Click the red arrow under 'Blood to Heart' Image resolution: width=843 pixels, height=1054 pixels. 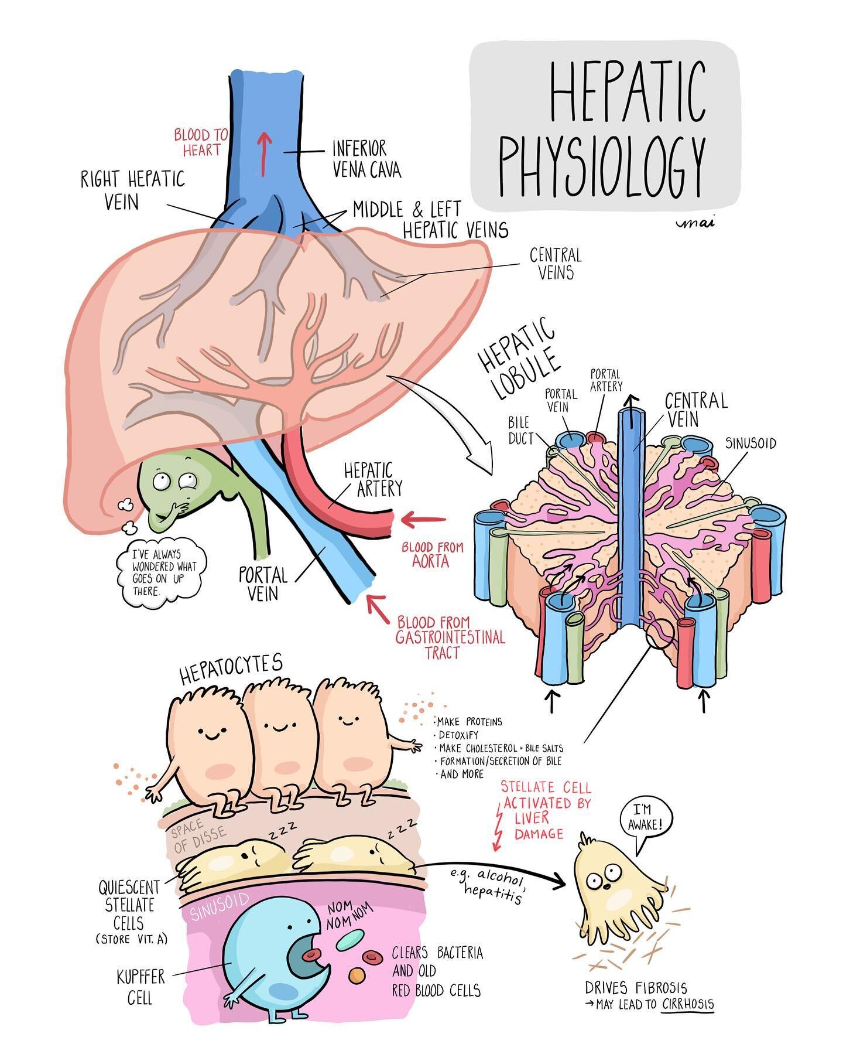click(x=263, y=154)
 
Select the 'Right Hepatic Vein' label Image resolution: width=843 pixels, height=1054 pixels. click(x=133, y=190)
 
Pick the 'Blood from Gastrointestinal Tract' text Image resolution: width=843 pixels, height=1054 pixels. click(x=450, y=637)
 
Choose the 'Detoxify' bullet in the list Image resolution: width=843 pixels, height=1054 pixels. click(x=458, y=735)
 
